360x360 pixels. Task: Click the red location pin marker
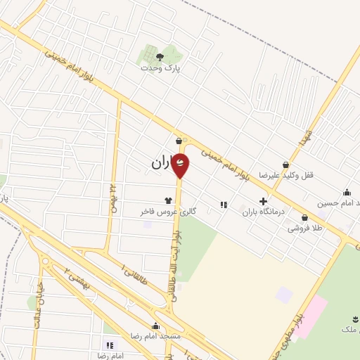click(x=181, y=165)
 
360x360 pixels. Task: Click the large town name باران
click(x=160, y=163)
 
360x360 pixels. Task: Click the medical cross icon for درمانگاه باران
click(x=263, y=201)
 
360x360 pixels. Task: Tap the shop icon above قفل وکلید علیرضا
click(x=285, y=165)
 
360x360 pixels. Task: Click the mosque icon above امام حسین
click(x=347, y=192)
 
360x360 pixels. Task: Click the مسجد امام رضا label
click(x=155, y=336)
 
